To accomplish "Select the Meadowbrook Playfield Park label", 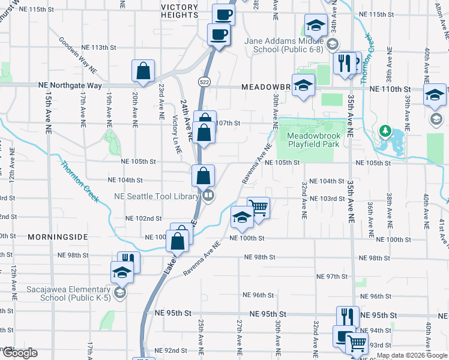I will point(313,140).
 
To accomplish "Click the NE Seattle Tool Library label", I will point(156,196).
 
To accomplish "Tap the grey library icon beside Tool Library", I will point(208,195).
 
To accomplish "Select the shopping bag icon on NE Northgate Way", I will point(144,71).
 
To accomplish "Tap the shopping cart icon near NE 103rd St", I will point(258,208).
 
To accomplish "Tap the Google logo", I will point(19,353).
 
